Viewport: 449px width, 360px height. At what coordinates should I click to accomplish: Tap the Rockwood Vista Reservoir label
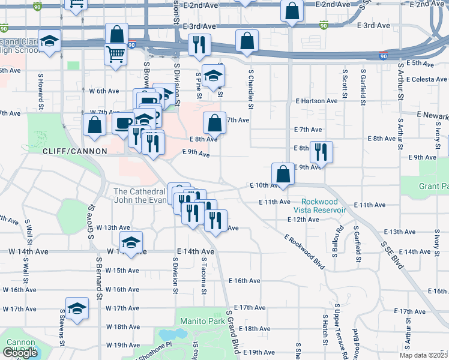pyautogui.click(x=324, y=206)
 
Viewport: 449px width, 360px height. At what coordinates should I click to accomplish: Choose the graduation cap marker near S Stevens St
pyautogui.click(x=77, y=309)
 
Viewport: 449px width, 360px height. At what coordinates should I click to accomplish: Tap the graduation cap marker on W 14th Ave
pyautogui.click(x=130, y=242)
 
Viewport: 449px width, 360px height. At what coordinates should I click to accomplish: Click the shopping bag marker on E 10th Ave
pyautogui.click(x=283, y=174)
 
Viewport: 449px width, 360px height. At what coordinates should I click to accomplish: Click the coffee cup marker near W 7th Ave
pyautogui.click(x=124, y=123)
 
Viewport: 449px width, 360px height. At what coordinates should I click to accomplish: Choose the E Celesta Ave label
pyautogui.click(x=426, y=79)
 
